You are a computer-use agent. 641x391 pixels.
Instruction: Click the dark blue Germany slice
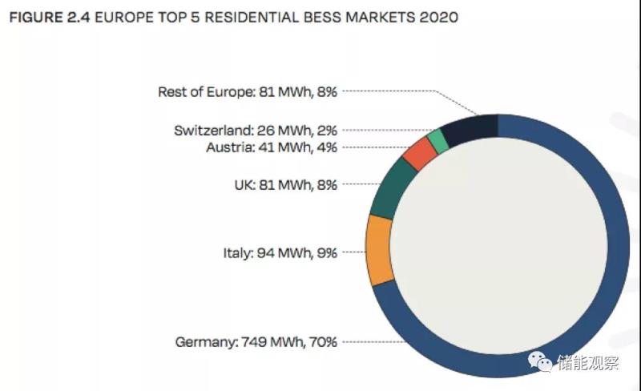point(617,240)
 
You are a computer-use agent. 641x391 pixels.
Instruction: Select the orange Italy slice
point(378,248)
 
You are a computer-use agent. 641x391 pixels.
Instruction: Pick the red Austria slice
point(418,153)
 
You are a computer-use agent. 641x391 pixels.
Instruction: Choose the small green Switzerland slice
point(437,141)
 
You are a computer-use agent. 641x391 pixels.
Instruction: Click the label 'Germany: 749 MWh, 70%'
point(256,342)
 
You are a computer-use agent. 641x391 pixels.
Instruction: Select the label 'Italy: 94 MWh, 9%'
point(280,252)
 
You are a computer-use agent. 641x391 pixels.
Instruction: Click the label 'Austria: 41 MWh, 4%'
point(272,147)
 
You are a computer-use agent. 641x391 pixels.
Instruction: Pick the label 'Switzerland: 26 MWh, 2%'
point(256,130)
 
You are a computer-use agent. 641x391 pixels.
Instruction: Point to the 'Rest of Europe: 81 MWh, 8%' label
point(248,91)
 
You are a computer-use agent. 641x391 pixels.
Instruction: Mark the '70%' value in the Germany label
point(323,342)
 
